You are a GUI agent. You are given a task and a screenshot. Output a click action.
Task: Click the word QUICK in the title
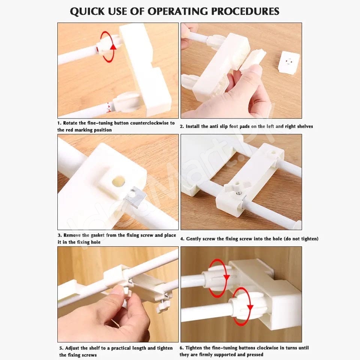[87, 11]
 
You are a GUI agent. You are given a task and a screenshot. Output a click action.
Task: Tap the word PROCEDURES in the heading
[245, 11]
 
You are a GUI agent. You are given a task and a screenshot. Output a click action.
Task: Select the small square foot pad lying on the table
[289, 63]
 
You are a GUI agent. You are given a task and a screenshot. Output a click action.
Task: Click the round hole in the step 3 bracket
[118, 181]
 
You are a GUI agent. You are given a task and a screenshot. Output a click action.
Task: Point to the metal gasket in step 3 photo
[136, 197]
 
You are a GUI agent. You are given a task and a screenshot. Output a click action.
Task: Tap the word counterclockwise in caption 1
[149, 123]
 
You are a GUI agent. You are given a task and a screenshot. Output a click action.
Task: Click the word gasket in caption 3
[97, 235]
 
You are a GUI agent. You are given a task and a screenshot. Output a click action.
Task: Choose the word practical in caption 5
[121, 348]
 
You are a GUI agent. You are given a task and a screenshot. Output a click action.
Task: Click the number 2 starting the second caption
[181, 126]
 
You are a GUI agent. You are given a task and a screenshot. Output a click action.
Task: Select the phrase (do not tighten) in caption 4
[301, 239]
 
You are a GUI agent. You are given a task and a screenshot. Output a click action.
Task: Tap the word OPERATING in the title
[178, 11]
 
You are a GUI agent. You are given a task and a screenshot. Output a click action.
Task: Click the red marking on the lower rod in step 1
[108, 108]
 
